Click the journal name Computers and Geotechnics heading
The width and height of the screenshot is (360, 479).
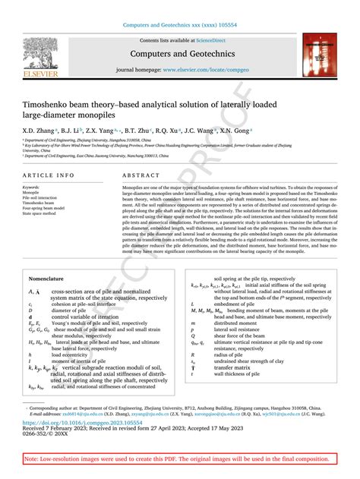tap(180, 54)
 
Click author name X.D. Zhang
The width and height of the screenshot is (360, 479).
tap(38, 131)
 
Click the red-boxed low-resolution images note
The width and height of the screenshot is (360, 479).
tap(179, 460)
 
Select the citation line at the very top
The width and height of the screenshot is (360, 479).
tap(180, 26)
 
